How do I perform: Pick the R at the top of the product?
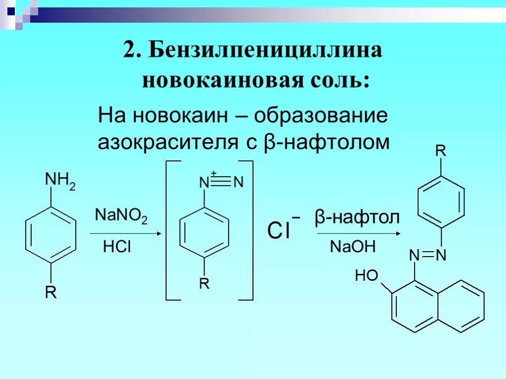click(441, 151)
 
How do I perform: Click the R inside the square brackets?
click(204, 284)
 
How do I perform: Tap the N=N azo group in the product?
click(428, 255)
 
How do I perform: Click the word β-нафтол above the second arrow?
click(357, 218)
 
